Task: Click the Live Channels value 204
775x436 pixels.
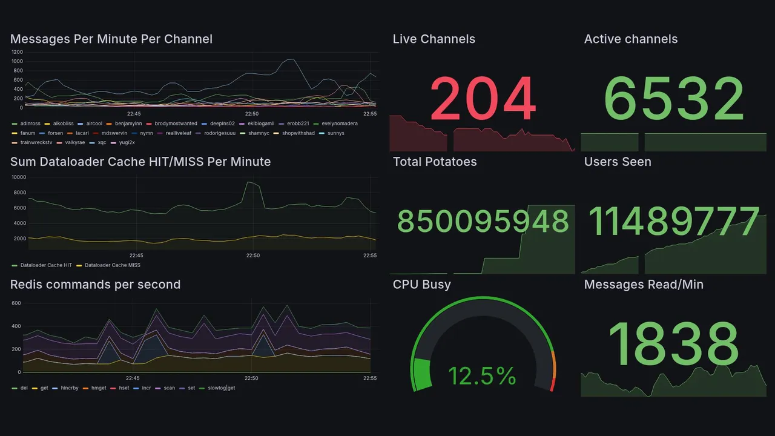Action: click(x=483, y=99)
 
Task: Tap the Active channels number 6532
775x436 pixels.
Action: click(x=674, y=99)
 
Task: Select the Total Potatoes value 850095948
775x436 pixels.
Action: click(x=483, y=222)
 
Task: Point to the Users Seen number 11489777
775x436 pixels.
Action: click(x=674, y=222)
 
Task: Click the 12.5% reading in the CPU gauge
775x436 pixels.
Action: click(x=482, y=376)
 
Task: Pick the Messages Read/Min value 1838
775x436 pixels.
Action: click(x=673, y=345)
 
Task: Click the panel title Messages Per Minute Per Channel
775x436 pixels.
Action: click(x=111, y=39)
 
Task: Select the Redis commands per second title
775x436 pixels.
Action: click(x=95, y=285)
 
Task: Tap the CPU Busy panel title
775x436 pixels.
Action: click(x=421, y=285)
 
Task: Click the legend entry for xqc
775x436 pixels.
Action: click(x=102, y=143)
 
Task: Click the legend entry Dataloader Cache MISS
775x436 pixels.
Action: click(x=112, y=265)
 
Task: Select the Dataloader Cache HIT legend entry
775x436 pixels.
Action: click(x=46, y=265)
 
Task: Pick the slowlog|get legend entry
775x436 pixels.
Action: click(x=221, y=388)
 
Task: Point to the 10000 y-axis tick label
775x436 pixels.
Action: click(x=19, y=177)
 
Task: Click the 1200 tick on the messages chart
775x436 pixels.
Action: click(x=17, y=52)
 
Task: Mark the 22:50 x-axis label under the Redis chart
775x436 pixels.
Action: click(x=251, y=378)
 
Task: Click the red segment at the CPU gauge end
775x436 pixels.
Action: click(x=552, y=385)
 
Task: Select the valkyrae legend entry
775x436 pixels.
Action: click(x=75, y=143)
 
